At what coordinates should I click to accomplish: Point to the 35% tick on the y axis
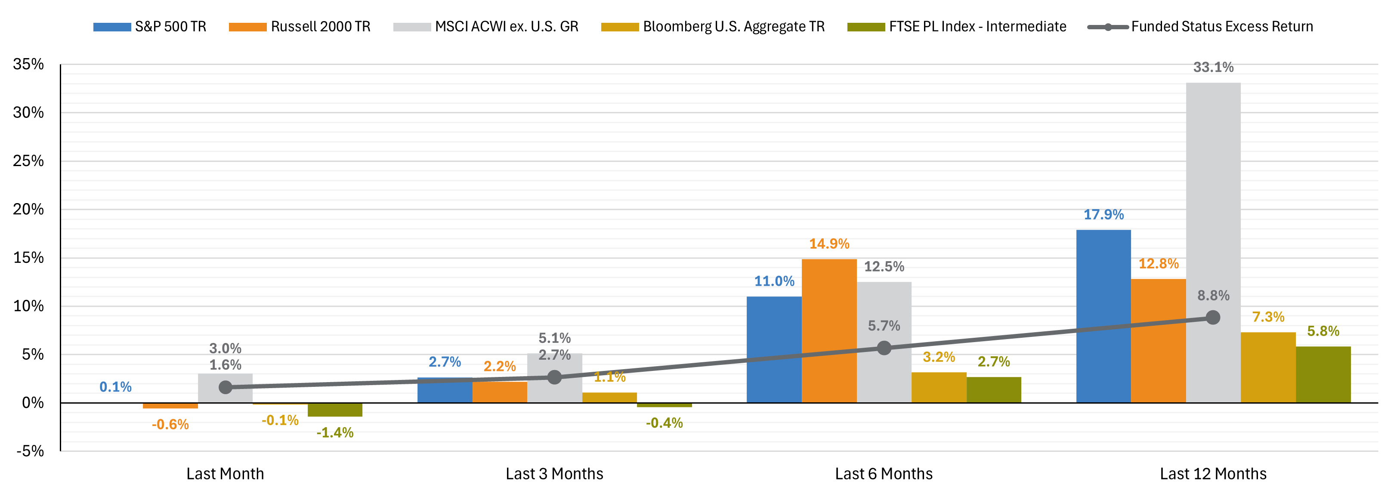[28, 64]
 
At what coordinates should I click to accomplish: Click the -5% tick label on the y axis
[30, 451]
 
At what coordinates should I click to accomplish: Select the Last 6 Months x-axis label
[884, 474]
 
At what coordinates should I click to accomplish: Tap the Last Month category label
[225, 474]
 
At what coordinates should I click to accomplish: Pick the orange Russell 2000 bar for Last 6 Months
[829, 331]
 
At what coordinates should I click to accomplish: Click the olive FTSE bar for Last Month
[335, 410]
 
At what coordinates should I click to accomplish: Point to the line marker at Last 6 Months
[884, 348]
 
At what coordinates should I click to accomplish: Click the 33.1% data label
[1213, 68]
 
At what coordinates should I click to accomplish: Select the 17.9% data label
[1103, 215]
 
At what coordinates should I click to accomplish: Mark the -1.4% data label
[335, 432]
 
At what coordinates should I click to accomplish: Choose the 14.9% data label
[829, 244]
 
